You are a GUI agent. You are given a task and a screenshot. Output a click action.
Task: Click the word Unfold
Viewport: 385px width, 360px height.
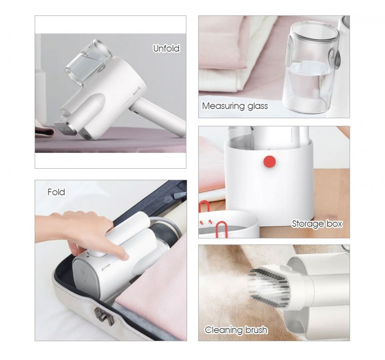pyautogui.click(x=166, y=48)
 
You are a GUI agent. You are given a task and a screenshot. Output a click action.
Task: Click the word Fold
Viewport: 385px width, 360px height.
pyautogui.click(x=56, y=192)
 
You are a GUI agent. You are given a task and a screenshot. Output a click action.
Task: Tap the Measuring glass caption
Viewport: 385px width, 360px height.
pyautogui.click(x=235, y=106)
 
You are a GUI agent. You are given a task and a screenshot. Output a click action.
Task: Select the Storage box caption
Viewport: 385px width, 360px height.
pyautogui.click(x=317, y=224)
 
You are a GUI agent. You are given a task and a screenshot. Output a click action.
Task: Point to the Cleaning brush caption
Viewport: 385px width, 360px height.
pyautogui.click(x=236, y=330)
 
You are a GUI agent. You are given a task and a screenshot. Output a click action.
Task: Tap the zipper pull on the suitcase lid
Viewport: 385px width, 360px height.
pyautogui.click(x=177, y=193)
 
